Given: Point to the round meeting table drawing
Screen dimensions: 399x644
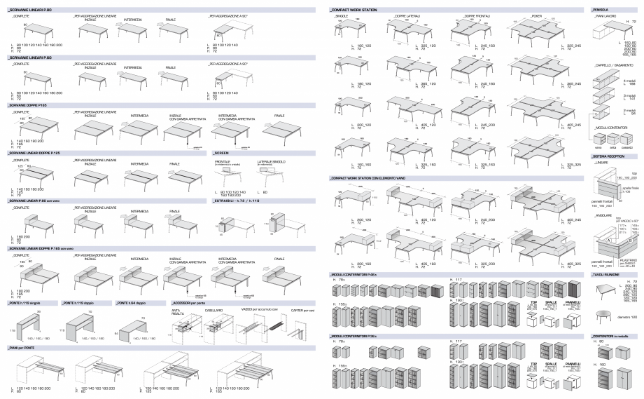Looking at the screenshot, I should [x=604, y=311].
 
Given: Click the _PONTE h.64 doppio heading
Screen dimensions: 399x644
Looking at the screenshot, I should [x=134, y=283].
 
